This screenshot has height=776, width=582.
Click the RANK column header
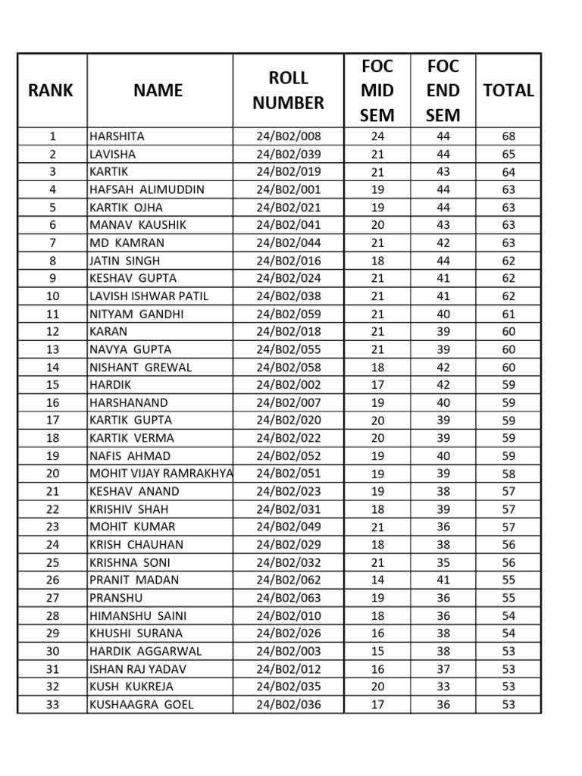[52, 90]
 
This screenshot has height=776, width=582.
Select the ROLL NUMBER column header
[288, 90]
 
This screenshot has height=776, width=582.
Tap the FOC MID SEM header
[377, 90]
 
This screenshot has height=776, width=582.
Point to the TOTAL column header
[508, 90]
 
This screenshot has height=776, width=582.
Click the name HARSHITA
[117, 136]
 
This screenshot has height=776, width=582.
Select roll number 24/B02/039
[288, 154]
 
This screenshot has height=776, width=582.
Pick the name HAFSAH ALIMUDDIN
[147, 189]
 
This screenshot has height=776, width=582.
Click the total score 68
[508, 136]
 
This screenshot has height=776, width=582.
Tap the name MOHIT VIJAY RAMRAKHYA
[161, 474]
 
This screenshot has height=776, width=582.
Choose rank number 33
[52, 704]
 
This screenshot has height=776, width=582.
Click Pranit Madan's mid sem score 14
[377, 580]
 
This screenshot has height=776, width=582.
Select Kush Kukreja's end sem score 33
[443, 687]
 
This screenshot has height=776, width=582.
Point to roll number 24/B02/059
[288, 314]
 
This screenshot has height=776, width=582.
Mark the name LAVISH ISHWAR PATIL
[149, 296]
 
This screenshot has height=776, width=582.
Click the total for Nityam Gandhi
[508, 314]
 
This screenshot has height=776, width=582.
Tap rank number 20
[52, 474]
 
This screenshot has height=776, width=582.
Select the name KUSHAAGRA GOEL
[141, 704]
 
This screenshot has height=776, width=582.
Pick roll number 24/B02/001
[288, 189]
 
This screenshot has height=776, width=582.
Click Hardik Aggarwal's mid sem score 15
[377, 651]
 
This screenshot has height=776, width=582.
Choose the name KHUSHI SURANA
[136, 633]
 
